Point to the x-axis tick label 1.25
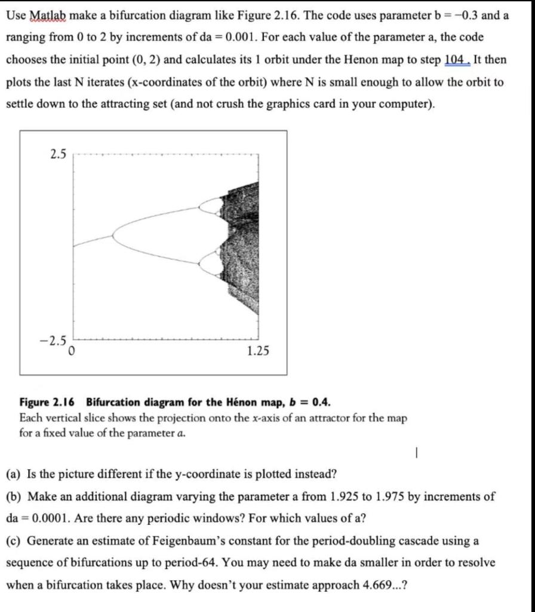(257, 351)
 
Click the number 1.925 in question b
(343, 497)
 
